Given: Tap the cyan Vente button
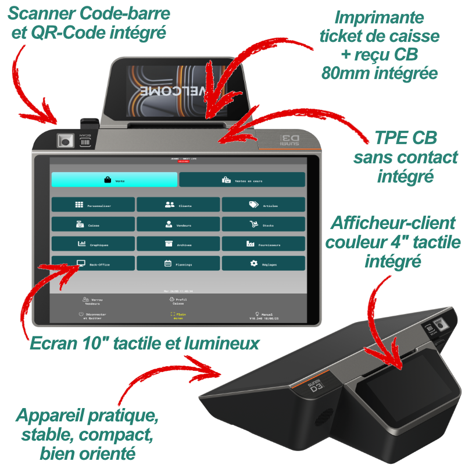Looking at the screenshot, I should click(x=114, y=180).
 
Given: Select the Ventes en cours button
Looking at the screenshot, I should click(x=242, y=180).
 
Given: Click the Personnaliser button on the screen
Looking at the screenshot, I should click(x=93, y=205).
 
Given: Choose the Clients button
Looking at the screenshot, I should click(x=178, y=205).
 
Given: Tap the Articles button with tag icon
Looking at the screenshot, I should click(x=263, y=205).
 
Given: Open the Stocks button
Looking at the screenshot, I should click(x=263, y=224).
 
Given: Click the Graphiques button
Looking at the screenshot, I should click(x=93, y=244).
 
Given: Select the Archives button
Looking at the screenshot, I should click(x=178, y=244).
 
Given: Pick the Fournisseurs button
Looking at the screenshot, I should click(x=263, y=244).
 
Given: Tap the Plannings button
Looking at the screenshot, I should click(x=178, y=264).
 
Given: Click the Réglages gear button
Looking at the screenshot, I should click(x=263, y=264).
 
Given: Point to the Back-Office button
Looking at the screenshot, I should click(x=93, y=264).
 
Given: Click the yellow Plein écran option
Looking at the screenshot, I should click(x=177, y=316).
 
